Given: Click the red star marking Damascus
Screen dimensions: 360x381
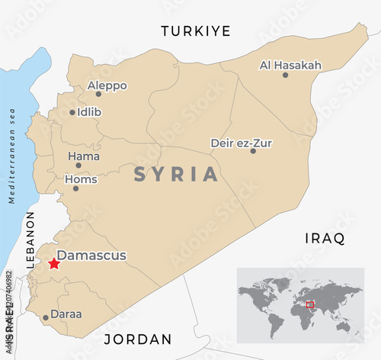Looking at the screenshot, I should coord(53,264).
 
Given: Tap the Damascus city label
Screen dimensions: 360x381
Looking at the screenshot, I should coord(92,256).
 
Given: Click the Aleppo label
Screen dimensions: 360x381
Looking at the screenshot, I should coord(107,85).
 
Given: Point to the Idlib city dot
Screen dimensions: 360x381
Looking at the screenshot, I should coord(73,112).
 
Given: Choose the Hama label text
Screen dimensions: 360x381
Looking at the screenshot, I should coord(84,156).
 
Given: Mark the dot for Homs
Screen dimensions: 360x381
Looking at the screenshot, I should coord(76,188).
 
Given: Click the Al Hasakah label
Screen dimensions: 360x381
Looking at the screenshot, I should coord(290,66).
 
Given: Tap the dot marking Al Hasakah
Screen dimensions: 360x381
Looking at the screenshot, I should coord(286,75).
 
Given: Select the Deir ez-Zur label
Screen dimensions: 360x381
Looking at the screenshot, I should coord(241,143).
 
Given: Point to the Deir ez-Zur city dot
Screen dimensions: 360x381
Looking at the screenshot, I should coord(253,151).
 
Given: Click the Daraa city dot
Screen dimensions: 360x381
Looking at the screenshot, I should coord(46,317).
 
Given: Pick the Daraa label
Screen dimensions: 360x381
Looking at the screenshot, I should coord(66,313).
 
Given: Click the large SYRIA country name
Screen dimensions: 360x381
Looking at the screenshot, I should coord(176,174).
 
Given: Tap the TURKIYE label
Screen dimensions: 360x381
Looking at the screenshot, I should coord(195,31).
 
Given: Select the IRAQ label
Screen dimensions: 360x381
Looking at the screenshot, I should coord(325,238).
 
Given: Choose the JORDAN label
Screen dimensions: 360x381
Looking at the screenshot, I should coord(137,339).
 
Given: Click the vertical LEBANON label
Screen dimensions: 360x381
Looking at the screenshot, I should coord(31,243).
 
